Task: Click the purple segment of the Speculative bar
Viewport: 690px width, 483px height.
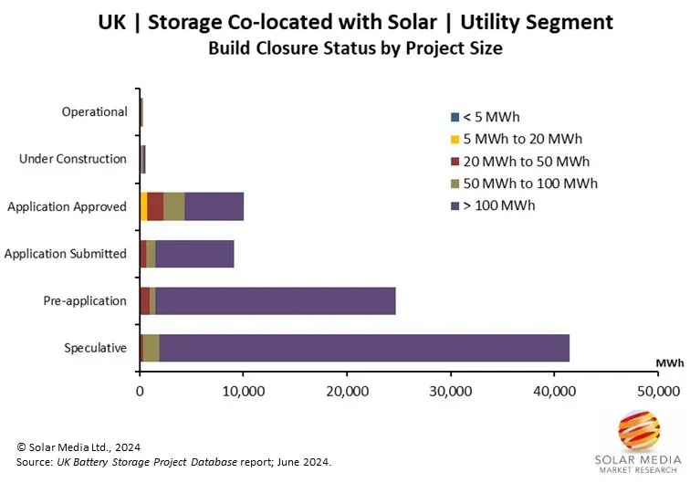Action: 363,348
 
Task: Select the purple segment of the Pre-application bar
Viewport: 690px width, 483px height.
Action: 275,300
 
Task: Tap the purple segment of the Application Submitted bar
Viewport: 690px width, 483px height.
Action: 194,253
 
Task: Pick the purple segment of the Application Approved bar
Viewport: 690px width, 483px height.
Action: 214,206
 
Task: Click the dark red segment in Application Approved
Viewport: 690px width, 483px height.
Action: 155,206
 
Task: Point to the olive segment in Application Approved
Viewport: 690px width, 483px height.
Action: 173,206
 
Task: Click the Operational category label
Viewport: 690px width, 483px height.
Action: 94,111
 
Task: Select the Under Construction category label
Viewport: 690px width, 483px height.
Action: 73,159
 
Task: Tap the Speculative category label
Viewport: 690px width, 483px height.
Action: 95,348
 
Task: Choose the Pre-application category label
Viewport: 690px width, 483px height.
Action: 85,300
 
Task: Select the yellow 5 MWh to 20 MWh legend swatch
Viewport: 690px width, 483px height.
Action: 455,140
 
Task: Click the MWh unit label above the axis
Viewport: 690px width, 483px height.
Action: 669,362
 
